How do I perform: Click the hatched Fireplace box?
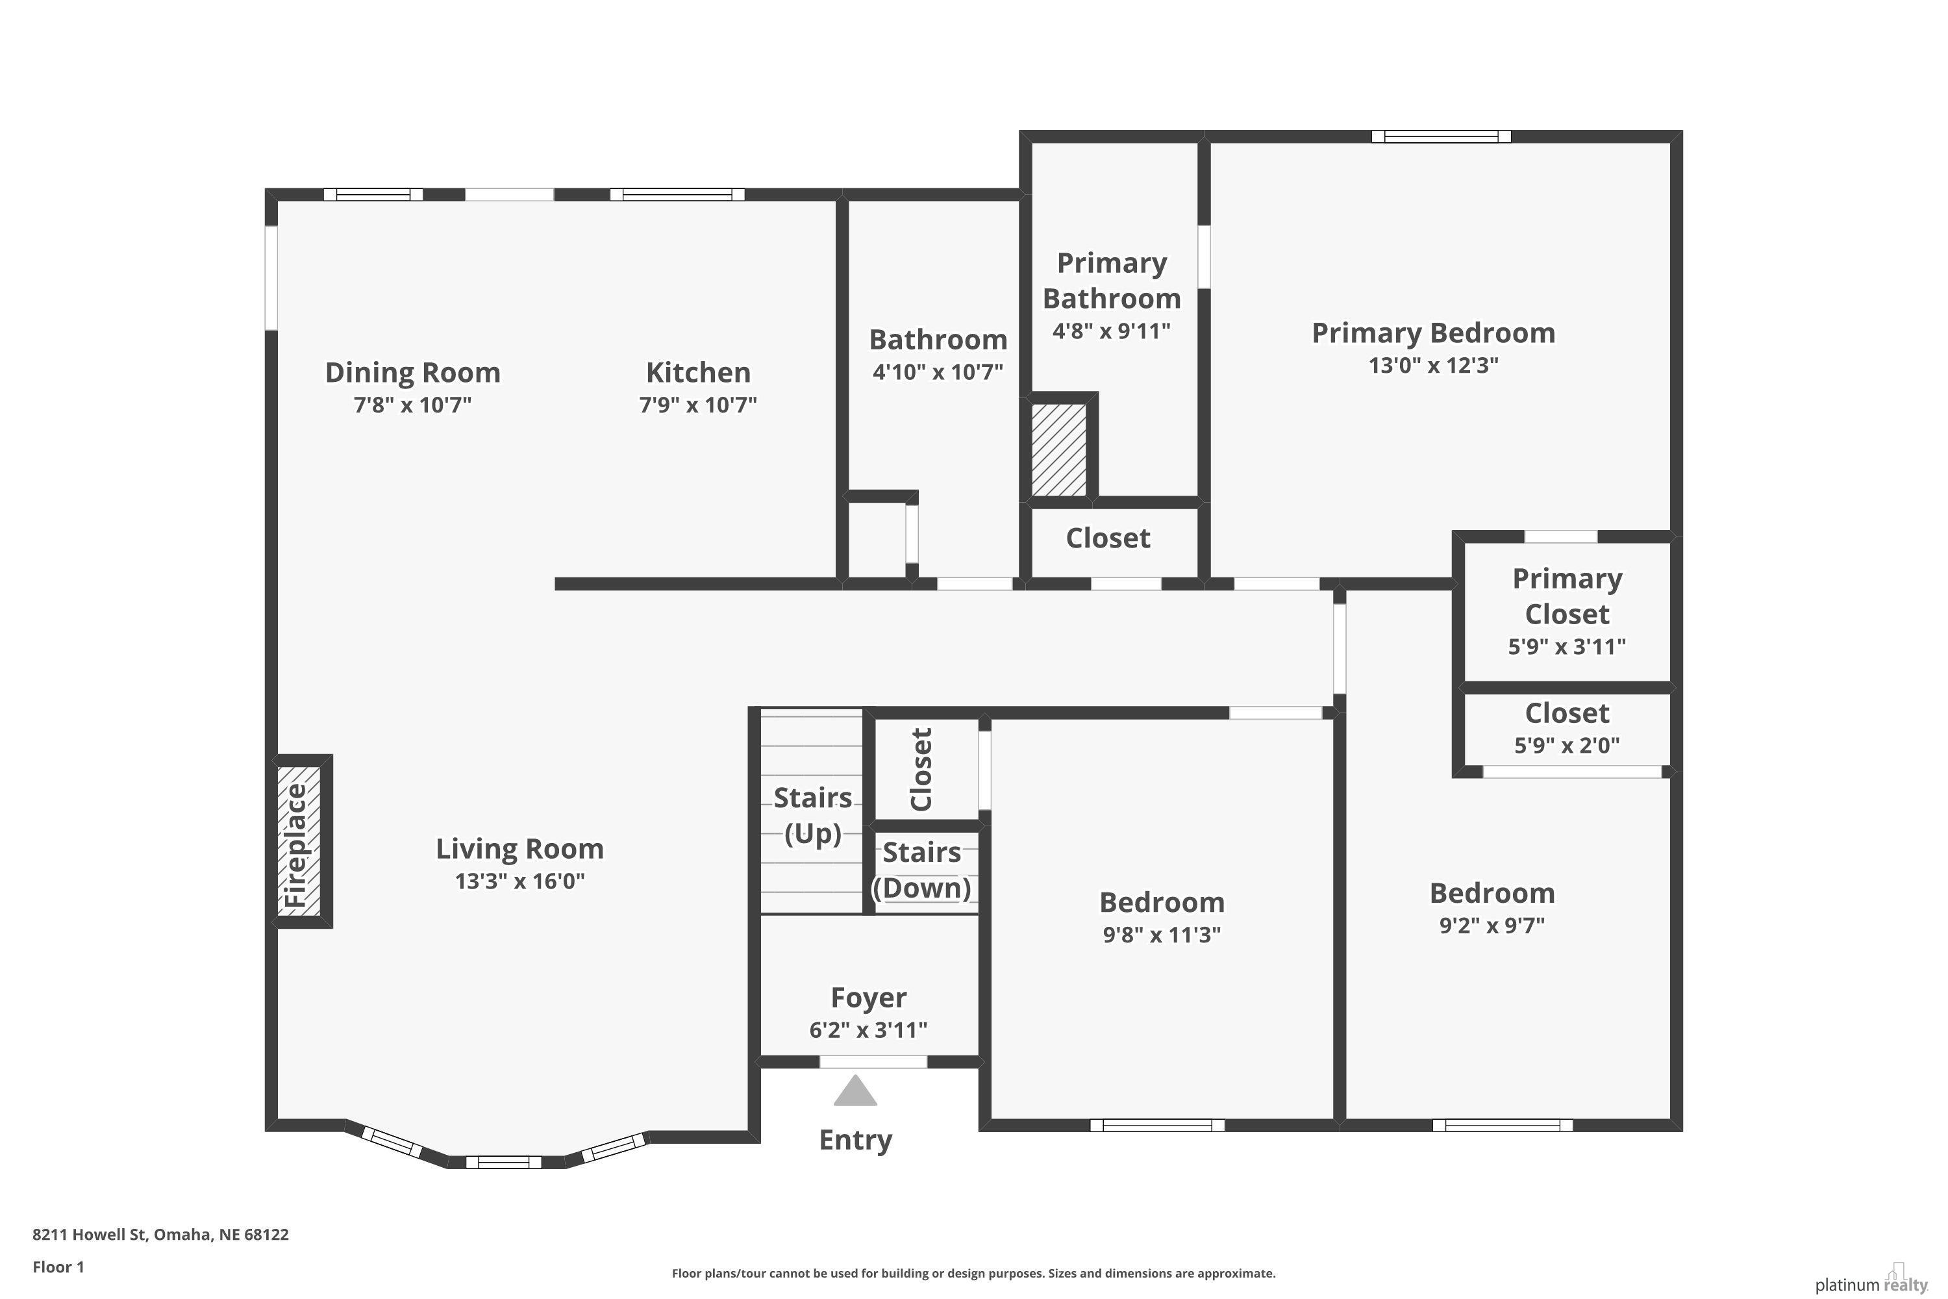pyautogui.click(x=299, y=841)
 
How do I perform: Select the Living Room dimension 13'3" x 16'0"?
pyautogui.click(x=520, y=881)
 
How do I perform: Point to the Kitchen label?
pyautogui.click(x=698, y=373)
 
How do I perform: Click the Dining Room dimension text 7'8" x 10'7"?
pyautogui.click(x=412, y=405)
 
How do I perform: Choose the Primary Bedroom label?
pyautogui.click(x=1434, y=333)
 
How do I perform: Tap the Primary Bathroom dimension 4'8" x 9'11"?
pyautogui.click(x=1112, y=331)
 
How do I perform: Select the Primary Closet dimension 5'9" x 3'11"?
pyautogui.click(x=1567, y=647)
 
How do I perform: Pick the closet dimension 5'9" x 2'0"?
pyautogui.click(x=1567, y=746)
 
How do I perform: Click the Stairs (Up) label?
pyautogui.click(x=812, y=815)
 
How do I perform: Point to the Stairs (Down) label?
pyautogui.click(x=922, y=870)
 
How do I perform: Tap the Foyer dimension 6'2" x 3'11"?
pyautogui.click(x=868, y=1029)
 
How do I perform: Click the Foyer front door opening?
pyautogui.click(x=873, y=1062)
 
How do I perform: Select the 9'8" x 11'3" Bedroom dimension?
pyautogui.click(x=1162, y=935)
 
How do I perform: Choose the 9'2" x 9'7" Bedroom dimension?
pyautogui.click(x=1492, y=926)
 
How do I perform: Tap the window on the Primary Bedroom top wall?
pyautogui.click(x=1441, y=136)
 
